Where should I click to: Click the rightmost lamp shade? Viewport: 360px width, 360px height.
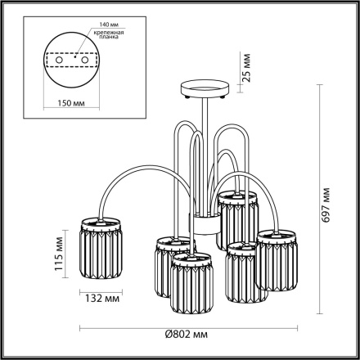click(277, 261)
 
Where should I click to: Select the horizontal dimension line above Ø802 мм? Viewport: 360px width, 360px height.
click(188, 326)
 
